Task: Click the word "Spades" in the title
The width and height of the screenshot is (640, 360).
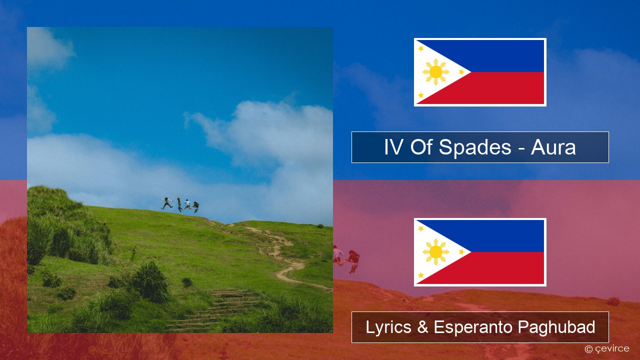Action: click(474, 147)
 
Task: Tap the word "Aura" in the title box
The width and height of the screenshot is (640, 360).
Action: click(553, 147)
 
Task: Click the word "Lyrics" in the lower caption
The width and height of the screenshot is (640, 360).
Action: click(388, 327)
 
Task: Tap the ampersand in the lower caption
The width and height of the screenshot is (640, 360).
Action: click(422, 327)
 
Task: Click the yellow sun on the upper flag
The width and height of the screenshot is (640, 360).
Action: click(435, 72)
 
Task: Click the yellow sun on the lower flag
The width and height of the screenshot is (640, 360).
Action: click(435, 251)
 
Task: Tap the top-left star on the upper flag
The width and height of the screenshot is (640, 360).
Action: click(421, 48)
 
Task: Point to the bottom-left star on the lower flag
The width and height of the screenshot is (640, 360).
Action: click(421, 275)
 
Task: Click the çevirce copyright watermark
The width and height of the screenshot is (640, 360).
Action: click(607, 349)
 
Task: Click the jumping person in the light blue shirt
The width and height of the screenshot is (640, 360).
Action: click(187, 204)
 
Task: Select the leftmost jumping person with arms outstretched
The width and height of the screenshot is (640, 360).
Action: click(167, 203)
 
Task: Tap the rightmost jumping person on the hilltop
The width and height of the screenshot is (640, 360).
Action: click(195, 206)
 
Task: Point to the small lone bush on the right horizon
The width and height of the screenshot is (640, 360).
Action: click(320, 226)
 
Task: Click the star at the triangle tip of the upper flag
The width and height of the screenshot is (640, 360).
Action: click(461, 72)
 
